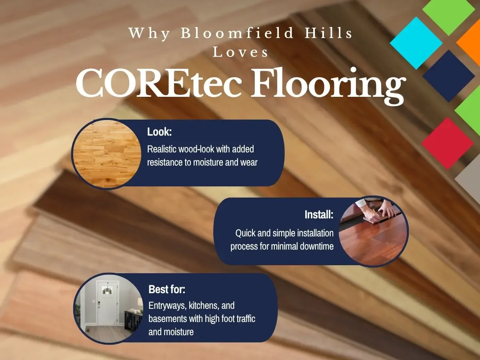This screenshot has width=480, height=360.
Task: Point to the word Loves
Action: coord(241,52)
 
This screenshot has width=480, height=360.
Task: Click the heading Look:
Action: coord(159,132)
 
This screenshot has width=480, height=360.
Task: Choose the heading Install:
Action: coord(319,215)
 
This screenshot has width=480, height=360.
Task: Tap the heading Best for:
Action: coord(167,289)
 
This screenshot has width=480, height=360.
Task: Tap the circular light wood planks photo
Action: coord(106,154)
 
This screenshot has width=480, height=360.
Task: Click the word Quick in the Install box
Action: coord(245,233)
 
